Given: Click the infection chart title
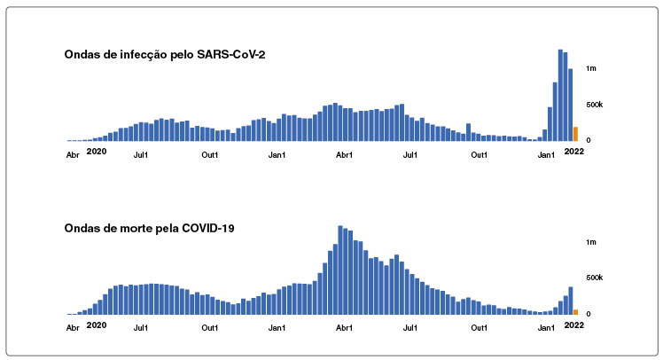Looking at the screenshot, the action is [165, 55].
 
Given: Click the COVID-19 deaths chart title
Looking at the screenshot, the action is [149, 229].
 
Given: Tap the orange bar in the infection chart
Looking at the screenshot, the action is [575, 134].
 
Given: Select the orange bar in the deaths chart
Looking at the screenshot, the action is [575, 312].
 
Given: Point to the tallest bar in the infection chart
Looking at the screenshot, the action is [560, 95].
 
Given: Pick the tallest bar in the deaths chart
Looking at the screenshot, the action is [340, 270].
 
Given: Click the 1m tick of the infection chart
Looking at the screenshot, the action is [590, 68].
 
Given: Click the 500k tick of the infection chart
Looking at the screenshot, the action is [594, 105].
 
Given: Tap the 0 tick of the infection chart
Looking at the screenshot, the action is [589, 140].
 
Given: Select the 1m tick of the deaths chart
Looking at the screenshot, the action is [590, 242].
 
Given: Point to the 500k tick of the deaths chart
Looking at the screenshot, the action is [594, 278].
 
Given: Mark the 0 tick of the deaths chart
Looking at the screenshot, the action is [589, 314].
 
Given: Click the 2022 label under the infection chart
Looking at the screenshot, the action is [573, 152].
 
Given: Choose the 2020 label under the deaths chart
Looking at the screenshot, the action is [97, 325].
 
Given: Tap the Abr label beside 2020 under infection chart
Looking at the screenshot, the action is [73, 155].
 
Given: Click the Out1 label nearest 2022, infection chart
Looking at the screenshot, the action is [479, 155].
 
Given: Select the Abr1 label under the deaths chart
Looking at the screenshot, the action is [344, 328].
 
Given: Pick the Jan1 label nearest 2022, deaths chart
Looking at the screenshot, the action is [546, 328].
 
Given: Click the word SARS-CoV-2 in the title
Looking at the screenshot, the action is [230, 55].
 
